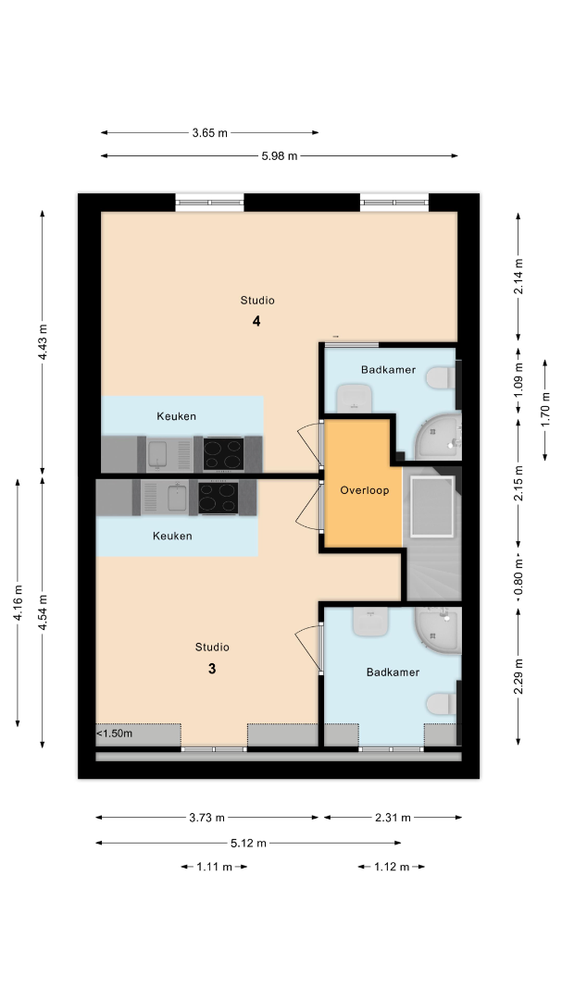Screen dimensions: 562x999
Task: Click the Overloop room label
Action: coord(364,490)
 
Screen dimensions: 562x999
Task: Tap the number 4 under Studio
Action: coord(256,321)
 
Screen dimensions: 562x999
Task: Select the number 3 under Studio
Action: coord(212,669)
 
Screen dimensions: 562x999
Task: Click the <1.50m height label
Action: coord(115,734)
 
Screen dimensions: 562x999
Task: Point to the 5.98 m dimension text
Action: coord(280,156)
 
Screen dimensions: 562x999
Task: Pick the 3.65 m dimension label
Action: coord(210,133)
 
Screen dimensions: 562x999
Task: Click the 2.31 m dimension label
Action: coord(393,818)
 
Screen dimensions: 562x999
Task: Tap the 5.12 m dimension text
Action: coord(248,844)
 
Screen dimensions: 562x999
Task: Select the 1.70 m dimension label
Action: coord(546,411)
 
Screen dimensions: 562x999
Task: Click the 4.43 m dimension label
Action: coord(43,343)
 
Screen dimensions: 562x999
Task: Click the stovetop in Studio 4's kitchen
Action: coord(223,453)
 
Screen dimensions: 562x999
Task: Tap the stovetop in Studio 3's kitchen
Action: coord(219,498)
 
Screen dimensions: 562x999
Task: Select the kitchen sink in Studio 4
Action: coord(157,454)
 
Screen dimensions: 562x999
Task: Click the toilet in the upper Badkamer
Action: coord(441,378)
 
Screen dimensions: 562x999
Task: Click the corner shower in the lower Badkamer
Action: coord(438,630)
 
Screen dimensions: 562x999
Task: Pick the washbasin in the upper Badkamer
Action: coord(354,397)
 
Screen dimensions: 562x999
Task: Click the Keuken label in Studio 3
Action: coord(172,536)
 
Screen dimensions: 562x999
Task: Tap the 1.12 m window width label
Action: coord(391,867)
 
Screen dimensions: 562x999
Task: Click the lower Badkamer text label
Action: coord(393,672)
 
